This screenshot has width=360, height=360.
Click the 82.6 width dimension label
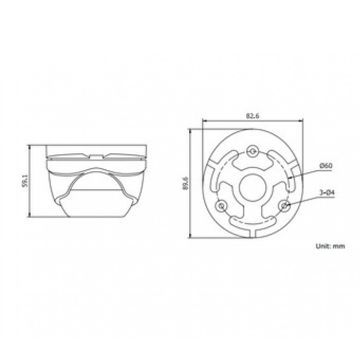pyautogui.click(x=253, y=116)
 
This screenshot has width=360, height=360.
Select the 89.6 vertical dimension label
pyautogui.click(x=186, y=183)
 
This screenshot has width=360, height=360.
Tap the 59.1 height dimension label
pyautogui.click(x=25, y=181)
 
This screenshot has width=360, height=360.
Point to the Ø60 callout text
pyautogui.click(x=326, y=166)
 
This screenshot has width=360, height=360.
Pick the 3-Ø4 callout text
pyautogui.click(x=327, y=193)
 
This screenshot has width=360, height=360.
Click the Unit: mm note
pyautogui.click(x=330, y=246)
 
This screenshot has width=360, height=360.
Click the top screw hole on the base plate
pyautogui.click(x=253, y=151)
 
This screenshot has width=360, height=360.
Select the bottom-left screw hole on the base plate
pyautogui.click(x=221, y=206)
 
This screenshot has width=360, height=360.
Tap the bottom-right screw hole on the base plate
pyautogui.click(x=285, y=206)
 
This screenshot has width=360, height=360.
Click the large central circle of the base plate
pyautogui.click(x=253, y=187)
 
